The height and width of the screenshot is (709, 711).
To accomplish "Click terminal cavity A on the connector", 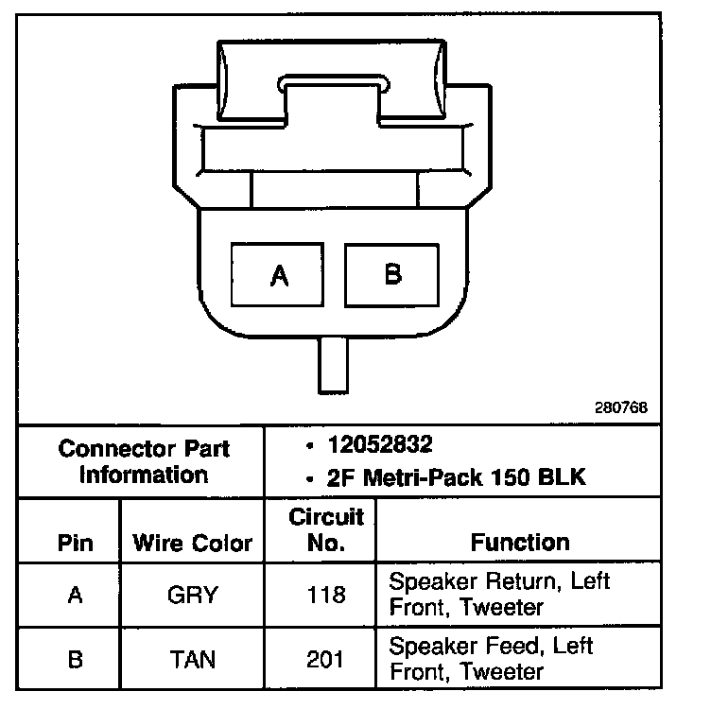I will [279, 274].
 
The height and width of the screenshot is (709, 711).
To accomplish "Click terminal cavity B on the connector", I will [391, 273].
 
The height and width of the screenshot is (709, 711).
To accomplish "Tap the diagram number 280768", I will [621, 407].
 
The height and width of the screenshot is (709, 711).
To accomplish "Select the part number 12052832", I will [379, 444].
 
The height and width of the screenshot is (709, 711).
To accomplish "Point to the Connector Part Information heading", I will [144, 460].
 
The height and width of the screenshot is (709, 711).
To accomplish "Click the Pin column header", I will [76, 543].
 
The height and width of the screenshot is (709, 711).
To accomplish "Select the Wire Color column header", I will [192, 543].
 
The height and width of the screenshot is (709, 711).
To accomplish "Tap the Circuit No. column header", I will [326, 529].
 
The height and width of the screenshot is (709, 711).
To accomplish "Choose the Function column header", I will [520, 542].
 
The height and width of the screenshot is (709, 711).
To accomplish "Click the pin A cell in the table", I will [76, 595].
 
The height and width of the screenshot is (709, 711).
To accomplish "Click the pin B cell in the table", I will [76, 659].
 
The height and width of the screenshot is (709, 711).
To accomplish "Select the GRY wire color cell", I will [192, 595].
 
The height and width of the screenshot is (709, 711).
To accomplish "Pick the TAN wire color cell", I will [192, 659].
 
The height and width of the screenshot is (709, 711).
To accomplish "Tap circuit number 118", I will [326, 595].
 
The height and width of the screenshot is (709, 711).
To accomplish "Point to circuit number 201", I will [326, 659].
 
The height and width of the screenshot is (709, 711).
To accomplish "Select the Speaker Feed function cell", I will [491, 659].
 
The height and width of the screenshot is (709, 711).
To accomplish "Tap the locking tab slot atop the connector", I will [335, 84].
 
